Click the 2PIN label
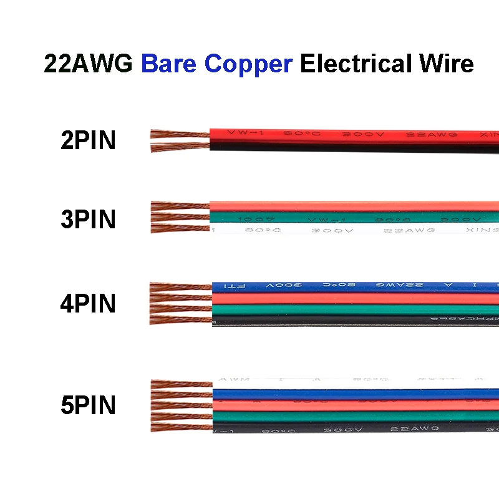click(88, 140)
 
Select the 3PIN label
click(88, 220)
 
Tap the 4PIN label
click(88, 304)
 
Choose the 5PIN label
click(88, 406)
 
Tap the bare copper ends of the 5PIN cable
click(181, 405)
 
